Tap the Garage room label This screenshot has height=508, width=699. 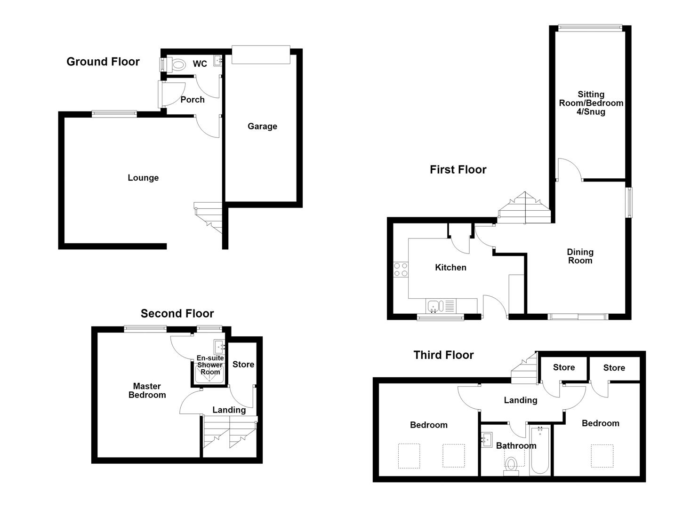click(x=262, y=127)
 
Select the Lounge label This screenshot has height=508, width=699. click(x=143, y=178)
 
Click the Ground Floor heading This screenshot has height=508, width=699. click(x=103, y=62)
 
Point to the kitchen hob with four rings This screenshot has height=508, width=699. click(x=401, y=270)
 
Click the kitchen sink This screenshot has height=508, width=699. click(x=435, y=306)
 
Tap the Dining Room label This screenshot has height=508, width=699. click(x=580, y=256)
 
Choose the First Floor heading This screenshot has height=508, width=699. click(x=458, y=170)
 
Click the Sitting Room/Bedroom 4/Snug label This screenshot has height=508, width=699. click(x=591, y=103)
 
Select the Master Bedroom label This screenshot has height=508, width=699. click(x=147, y=390)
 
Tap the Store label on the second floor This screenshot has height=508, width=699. click(x=243, y=364)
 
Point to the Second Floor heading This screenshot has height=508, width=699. click(x=177, y=313)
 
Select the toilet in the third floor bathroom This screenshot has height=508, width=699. click(x=511, y=466)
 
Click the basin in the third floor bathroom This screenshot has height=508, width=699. click(x=487, y=440)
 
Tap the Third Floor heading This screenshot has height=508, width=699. click(x=443, y=355)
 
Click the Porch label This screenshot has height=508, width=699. click(x=193, y=100)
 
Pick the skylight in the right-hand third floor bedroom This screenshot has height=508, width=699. click(x=602, y=456)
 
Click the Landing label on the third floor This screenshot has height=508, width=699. click(x=521, y=400)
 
